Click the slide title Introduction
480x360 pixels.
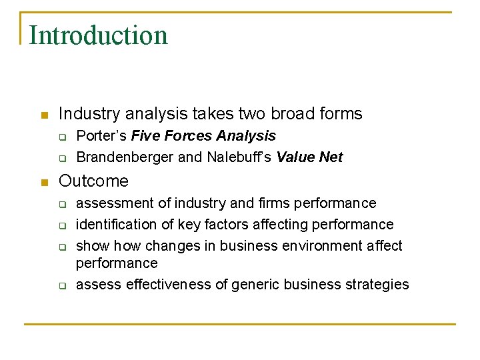pyautogui.click(x=99, y=35)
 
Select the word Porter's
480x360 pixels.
pyautogui.click(x=102, y=136)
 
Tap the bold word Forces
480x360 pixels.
pyautogui.click(x=185, y=136)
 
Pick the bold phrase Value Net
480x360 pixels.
pyautogui.click(x=309, y=157)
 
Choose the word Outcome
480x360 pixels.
pyautogui.click(x=93, y=181)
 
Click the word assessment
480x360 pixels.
pyautogui.click(x=112, y=203)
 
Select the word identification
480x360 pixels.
pyautogui.click(x=115, y=224)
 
